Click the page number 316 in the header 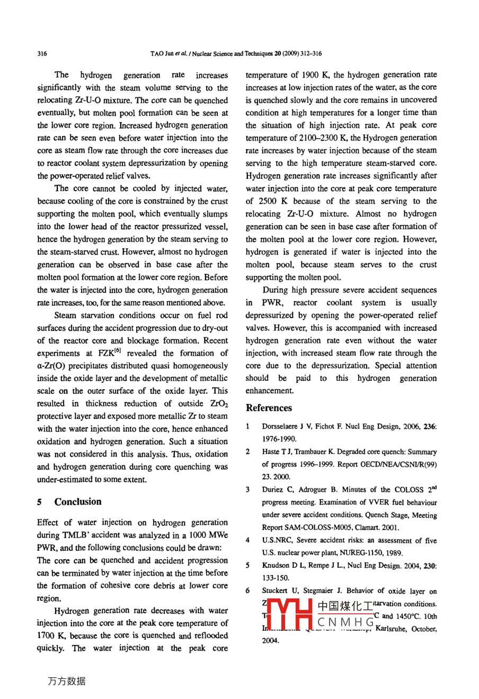42,53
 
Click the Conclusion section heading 78,501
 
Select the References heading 269,408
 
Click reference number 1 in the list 248,426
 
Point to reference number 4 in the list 248,541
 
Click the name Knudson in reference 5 277,566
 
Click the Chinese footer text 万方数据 66,682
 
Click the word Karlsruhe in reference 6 392,629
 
